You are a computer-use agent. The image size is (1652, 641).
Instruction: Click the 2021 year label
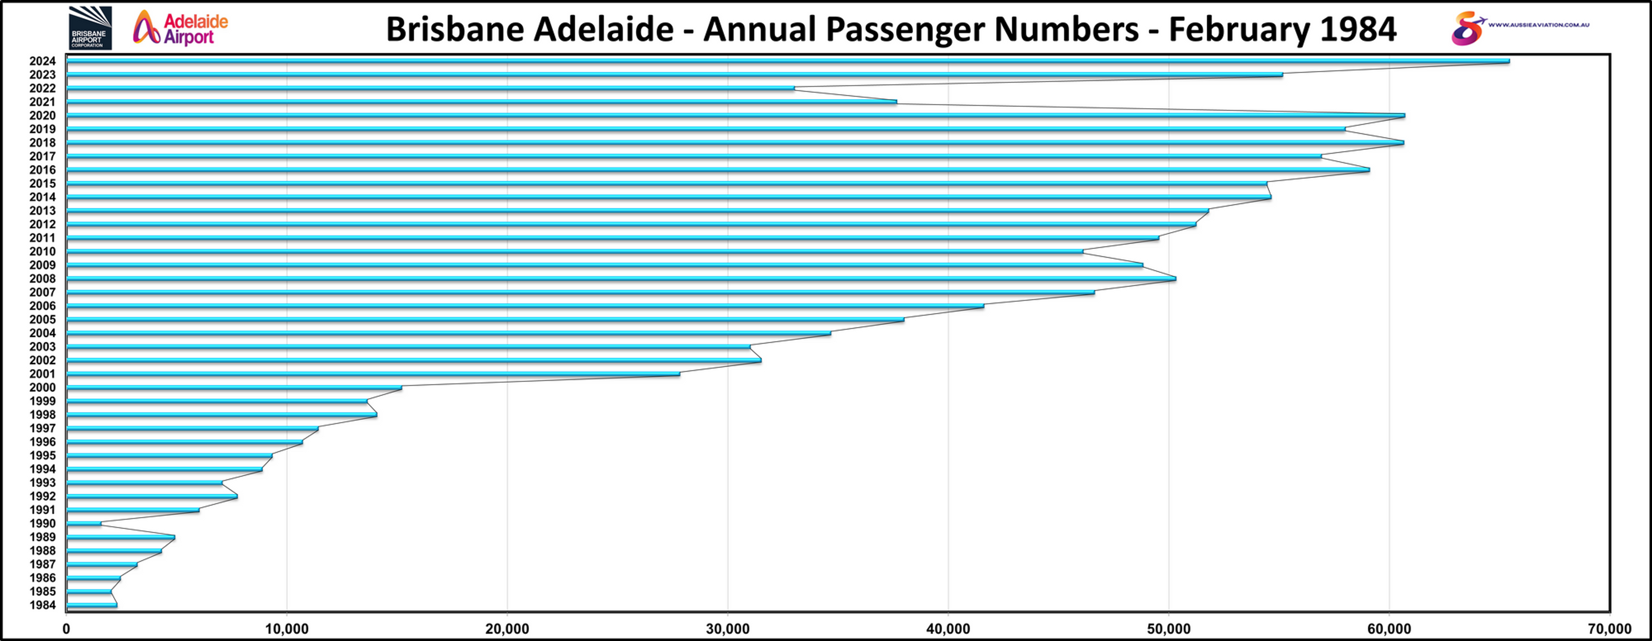(42, 102)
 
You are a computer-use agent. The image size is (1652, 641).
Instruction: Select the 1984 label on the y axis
(42, 605)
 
